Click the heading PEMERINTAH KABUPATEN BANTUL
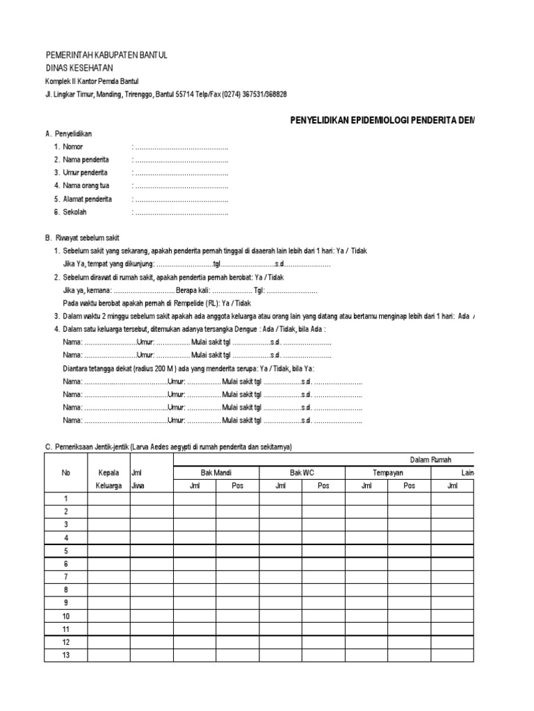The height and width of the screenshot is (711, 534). pyautogui.click(x=106, y=55)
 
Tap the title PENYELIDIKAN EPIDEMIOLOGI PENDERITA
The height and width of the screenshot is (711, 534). pyautogui.click(x=382, y=120)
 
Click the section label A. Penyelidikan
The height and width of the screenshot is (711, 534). pyautogui.click(x=68, y=133)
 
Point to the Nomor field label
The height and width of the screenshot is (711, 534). pyautogui.click(x=72, y=147)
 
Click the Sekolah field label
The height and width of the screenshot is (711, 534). pyautogui.click(x=75, y=212)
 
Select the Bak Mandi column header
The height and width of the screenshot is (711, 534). pyautogui.click(x=216, y=472)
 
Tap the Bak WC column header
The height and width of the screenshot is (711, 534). pyautogui.click(x=302, y=472)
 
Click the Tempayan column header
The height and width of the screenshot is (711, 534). pyautogui.click(x=388, y=472)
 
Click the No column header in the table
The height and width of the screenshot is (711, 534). pyautogui.click(x=66, y=472)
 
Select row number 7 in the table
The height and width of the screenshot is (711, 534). pyautogui.click(x=66, y=577)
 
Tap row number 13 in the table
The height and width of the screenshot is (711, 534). pyautogui.click(x=66, y=655)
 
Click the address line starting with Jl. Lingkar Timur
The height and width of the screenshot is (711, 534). pyautogui.click(x=166, y=94)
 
